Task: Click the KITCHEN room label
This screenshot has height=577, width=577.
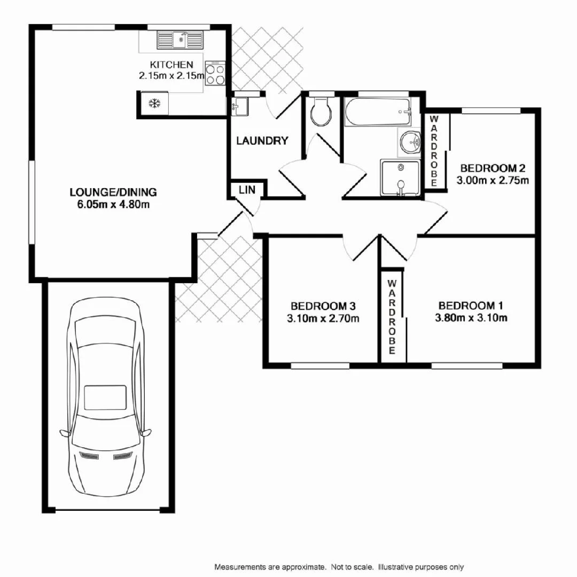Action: [x=171, y=65]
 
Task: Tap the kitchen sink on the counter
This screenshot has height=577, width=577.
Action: [x=181, y=39]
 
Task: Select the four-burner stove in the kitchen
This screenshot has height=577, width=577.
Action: [x=215, y=74]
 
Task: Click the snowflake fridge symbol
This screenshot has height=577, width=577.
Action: [x=154, y=103]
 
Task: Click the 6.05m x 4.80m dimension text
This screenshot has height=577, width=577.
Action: [x=113, y=204]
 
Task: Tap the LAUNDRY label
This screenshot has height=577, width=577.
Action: [x=262, y=141]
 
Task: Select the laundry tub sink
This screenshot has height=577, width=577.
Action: [x=240, y=106]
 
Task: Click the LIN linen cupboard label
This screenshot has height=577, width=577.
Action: [x=246, y=190]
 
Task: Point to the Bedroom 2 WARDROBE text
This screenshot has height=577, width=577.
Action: [x=434, y=151]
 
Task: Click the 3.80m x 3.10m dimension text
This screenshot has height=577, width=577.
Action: [x=471, y=318]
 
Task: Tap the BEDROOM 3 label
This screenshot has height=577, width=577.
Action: [x=323, y=306]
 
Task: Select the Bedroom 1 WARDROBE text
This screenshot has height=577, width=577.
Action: [x=392, y=317]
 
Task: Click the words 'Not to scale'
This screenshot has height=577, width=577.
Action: [x=352, y=567]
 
